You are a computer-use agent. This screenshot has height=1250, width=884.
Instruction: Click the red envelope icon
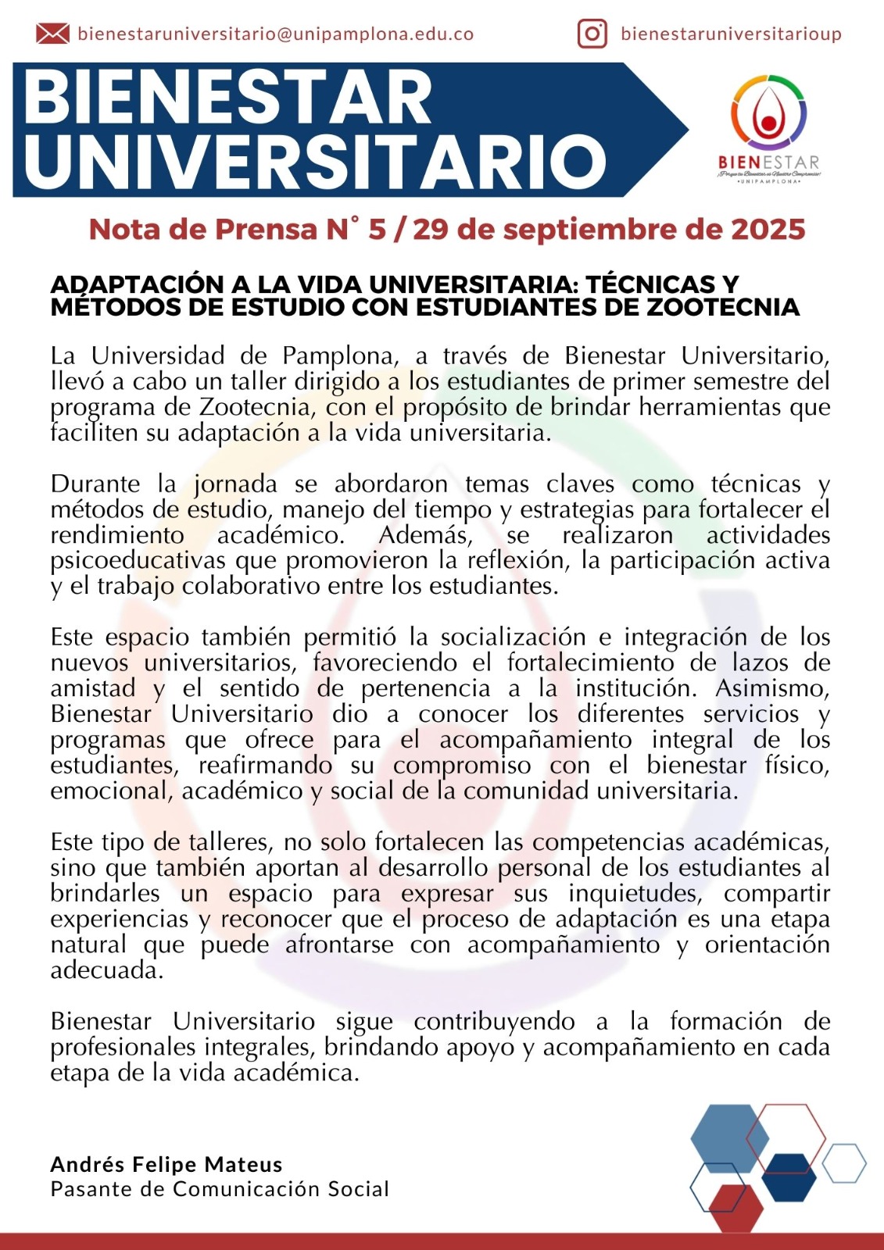click(x=52, y=34)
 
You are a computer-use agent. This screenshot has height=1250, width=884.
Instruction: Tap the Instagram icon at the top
click(x=592, y=34)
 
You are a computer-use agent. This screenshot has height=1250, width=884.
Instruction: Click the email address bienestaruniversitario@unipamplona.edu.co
click(x=276, y=34)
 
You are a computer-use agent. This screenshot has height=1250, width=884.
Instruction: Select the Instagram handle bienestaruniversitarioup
click(x=731, y=34)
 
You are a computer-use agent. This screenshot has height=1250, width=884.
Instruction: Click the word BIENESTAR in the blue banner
click(x=227, y=98)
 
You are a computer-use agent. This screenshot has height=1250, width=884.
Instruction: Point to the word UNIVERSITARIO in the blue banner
click(x=315, y=162)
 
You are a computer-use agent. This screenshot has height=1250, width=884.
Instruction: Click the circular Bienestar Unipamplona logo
click(x=768, y=114)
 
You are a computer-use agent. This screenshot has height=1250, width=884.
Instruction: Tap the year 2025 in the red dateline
click(x=768, y=230)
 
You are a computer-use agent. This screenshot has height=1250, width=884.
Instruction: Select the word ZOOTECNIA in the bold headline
click(x=723, y=307)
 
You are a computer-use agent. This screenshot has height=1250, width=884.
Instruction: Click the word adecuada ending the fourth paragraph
click(x=106, y=971)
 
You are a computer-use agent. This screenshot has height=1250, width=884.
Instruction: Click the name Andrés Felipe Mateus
click(x=166, y=1165)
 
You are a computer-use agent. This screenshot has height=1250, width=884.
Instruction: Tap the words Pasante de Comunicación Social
click(x=220, y=1189)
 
